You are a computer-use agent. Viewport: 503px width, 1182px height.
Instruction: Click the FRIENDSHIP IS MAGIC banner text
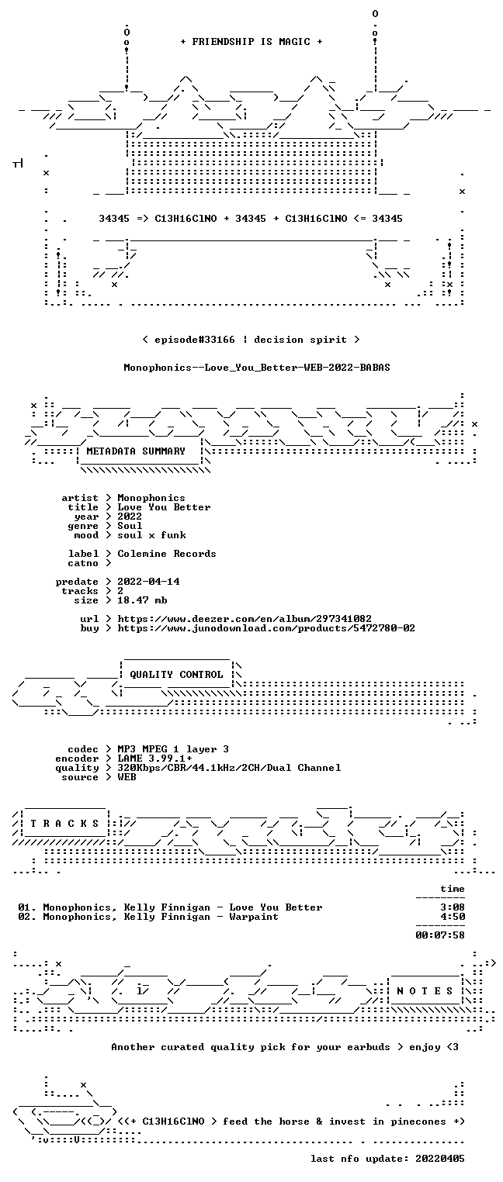(251, 42)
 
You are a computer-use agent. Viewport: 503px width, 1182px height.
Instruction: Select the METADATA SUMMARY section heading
(136, 451)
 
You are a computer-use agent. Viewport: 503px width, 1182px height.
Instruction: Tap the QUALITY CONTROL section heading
(176, 674)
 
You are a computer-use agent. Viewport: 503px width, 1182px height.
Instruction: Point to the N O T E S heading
(425, 991)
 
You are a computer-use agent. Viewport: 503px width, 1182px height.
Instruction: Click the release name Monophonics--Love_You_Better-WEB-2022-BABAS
(257, 368)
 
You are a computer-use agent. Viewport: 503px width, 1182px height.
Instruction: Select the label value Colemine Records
(166, 554)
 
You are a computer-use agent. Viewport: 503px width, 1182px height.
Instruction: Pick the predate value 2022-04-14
(148, 582)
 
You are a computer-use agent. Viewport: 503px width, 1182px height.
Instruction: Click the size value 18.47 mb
(142, 600)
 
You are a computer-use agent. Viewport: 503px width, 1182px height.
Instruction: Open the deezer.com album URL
(244, 618)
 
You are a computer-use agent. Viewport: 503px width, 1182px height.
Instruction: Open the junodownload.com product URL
(265, 628)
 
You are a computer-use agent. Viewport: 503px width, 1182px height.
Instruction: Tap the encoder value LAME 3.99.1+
(154, 759)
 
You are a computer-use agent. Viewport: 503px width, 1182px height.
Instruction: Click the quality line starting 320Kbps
(229, 768)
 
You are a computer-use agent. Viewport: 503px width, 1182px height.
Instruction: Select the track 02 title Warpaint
(254, 917)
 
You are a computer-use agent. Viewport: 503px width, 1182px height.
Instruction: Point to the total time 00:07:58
(440, 935)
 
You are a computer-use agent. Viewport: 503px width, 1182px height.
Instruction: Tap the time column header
(453, 889)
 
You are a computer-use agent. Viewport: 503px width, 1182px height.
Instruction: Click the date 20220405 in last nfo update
(440, 1158)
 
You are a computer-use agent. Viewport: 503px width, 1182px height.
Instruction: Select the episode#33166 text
(194, 340)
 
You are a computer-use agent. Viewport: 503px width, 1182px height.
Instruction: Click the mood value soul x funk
(151, 535)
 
